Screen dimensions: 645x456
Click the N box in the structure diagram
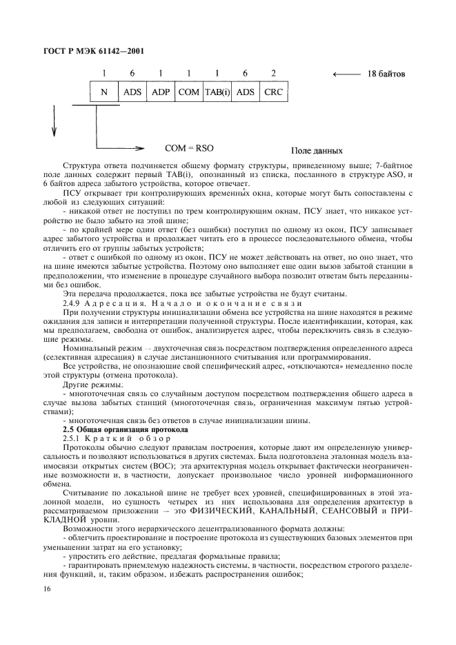pyautogui.click(x=105, y=92)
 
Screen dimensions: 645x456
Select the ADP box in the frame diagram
pyautogui.click(x=160, y=92)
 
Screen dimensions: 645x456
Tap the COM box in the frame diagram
pyautogui.click(x=188, y=92)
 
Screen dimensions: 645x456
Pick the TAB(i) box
pyautogui.click(x=217, y=92)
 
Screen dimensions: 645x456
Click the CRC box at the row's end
pyautogui.click(x=274, y=92)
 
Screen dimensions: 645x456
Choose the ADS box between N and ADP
pyautogui.click(x=132, y=92)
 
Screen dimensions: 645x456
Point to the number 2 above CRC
pyautogui.click(x=274, y=73)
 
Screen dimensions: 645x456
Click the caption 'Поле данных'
pyautogui.click(x=317, y=150)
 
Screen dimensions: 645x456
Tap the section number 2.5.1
pyautogui.click(x=72, y=438)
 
